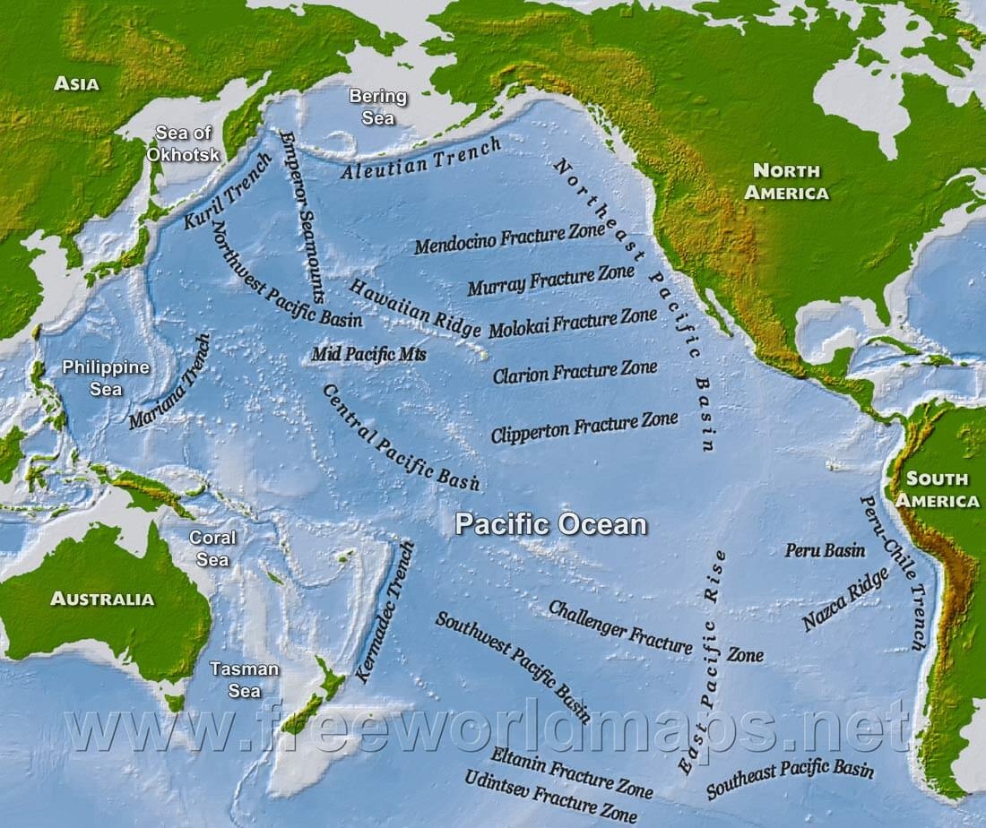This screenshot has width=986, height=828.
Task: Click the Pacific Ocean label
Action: [550, 524]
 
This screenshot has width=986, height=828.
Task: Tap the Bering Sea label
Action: [377, 107]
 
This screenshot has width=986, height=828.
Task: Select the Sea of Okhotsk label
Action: [183, 142]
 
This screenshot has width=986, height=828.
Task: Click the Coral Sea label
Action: [212, 548]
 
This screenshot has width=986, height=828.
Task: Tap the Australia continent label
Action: [102, 599]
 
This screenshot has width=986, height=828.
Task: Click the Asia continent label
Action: [76, 83]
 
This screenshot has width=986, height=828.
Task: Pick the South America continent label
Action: [937, 489]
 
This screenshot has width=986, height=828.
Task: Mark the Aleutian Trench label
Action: [420, 161]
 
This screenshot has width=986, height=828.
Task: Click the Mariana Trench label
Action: [170, 382]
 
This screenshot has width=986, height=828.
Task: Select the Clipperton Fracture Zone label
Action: [584, 427]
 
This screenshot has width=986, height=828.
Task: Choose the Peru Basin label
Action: [826, 550]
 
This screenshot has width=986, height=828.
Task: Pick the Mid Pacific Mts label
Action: [368, 355]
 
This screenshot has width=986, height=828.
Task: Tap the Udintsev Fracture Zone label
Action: [551, 796]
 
